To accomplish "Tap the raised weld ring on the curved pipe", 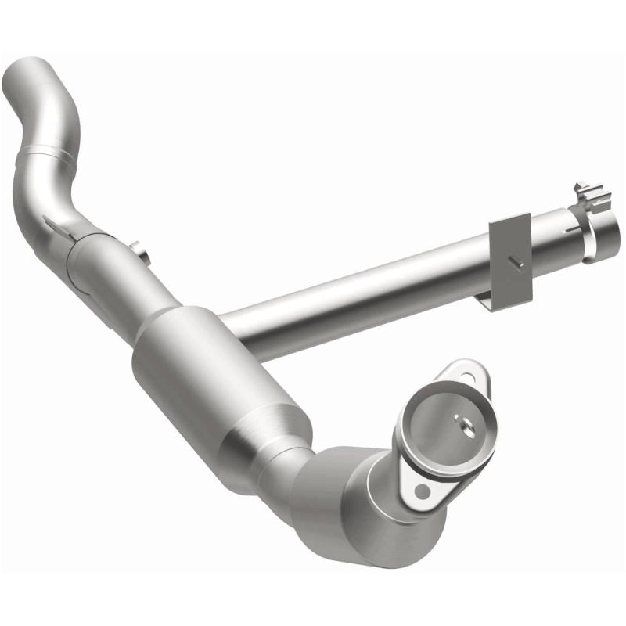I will click(x=49, y=153).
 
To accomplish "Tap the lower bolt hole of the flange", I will click(x=423, y=491).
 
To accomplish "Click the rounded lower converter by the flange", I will click(x=368, y=509).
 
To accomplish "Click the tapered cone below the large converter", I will click(x=274, y=446).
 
